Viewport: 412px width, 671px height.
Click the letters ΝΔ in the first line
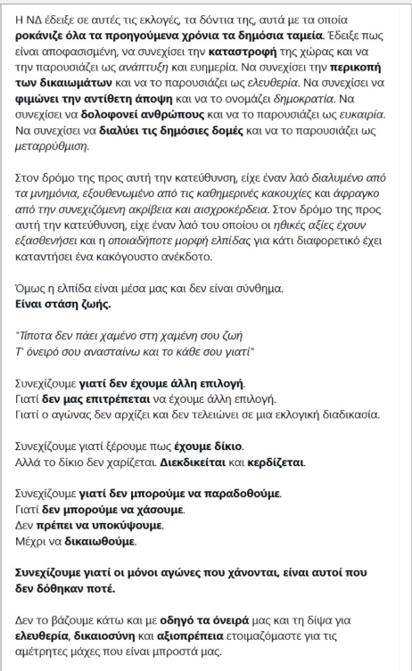[29, 17]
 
